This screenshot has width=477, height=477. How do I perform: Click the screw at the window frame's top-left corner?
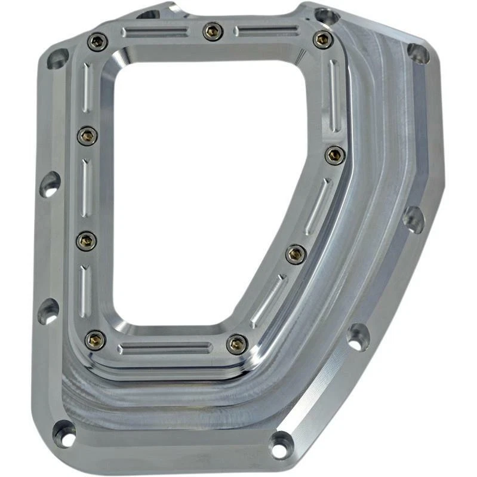click(97, 42)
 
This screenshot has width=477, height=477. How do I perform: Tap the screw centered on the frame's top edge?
click(213, 31)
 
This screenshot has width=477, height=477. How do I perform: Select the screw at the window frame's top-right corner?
click(322, 39)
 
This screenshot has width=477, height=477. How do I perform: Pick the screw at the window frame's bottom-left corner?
click(95, 340)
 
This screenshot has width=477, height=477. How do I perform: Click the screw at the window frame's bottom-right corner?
click(237, 344)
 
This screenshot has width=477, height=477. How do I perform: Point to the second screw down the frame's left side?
click(88, 136)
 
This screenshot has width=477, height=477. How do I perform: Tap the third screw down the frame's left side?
click(87, 241)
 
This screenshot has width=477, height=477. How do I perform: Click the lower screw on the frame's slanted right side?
click(296, 254)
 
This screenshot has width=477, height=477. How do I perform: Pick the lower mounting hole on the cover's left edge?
click(48, 311)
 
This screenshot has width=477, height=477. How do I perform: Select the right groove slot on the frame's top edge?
click(266, 30)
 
